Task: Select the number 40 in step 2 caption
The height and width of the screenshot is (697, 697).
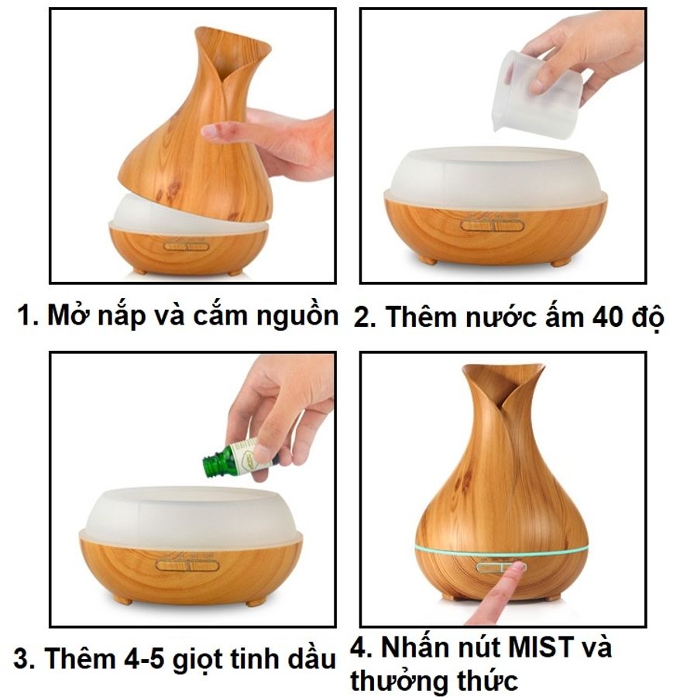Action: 608,317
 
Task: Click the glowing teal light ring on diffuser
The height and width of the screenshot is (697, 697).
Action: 501,552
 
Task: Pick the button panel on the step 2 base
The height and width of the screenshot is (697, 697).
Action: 493,225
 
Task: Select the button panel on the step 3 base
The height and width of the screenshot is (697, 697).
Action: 187,566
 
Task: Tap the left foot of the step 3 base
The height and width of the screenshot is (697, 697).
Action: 123,600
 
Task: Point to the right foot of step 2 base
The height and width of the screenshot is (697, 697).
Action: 561,263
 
